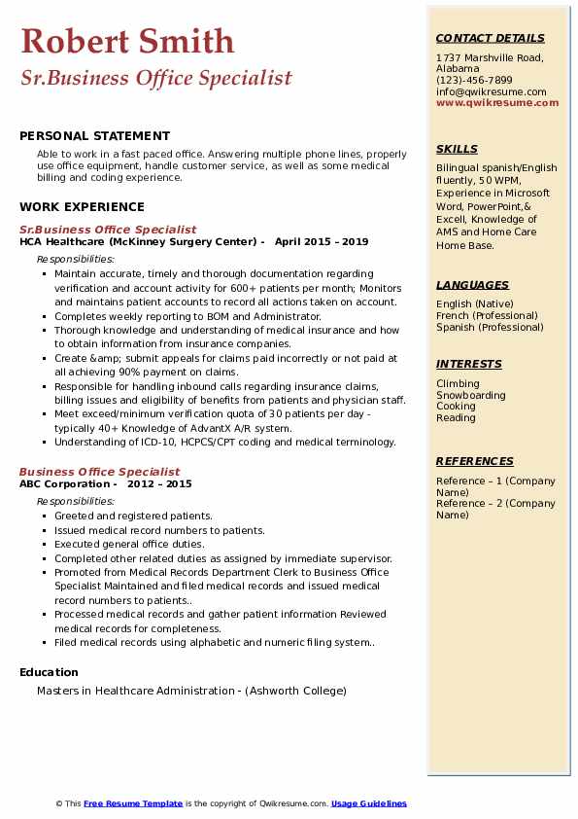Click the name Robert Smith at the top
(x=127, y=42)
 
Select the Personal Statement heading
(x=94, y=136)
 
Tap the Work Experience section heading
(x=82, y=207)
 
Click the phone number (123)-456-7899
(x=474, y=81)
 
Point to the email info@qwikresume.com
(x=491, y=91)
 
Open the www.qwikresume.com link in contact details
(x=491, y=102)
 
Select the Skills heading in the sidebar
(x=457, y=149)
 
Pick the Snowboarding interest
(x=470, y=395)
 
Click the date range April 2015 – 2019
(x=322, y=242)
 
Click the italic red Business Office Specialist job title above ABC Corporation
(x=99, y=472)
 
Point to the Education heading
(x=49, y=672)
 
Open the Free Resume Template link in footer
(x=132, y=803)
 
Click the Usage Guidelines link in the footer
(x=368, y=803)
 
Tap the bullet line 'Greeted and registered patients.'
(x=133, y=516)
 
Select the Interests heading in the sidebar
(x=468, y=364)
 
